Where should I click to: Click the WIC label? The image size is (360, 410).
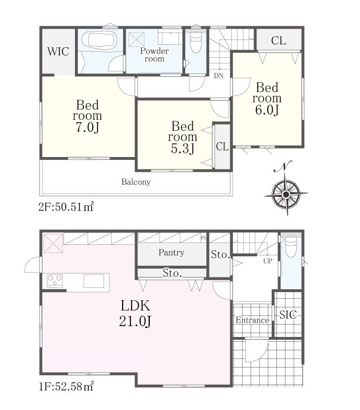[x=58, y=52]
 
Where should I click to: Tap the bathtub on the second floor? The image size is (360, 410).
[x=99, y=40]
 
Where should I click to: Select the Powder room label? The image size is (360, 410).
[x=154, y=54]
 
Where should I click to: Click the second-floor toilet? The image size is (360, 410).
[x=196, y=42]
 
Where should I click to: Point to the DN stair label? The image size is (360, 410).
[x=219, y=76]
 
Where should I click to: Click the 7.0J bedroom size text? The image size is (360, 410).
[x=87, y=127]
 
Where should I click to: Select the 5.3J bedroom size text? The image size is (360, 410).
[x=182, y=148]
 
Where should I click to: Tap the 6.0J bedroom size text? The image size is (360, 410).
[x=267, y=110]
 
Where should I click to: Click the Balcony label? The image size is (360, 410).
[x=136, y=182]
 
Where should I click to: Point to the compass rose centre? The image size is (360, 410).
[x=286, y=194]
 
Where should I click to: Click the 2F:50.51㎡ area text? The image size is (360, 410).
[x=66, y=207]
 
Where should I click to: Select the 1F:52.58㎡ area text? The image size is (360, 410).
[x=66, y=386]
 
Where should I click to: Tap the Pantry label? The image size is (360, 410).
[x=171, y=252]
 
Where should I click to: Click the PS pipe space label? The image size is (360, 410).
[x=203, y=238]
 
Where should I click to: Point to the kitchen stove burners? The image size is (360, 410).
[x=54, y=281]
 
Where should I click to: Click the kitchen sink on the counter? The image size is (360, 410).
[x=94, y=281]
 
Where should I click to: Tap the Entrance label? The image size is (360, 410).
[x=253, y=320]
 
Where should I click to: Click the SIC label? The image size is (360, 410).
[x=288, y=315]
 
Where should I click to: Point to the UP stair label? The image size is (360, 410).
[x=268, y=261]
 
